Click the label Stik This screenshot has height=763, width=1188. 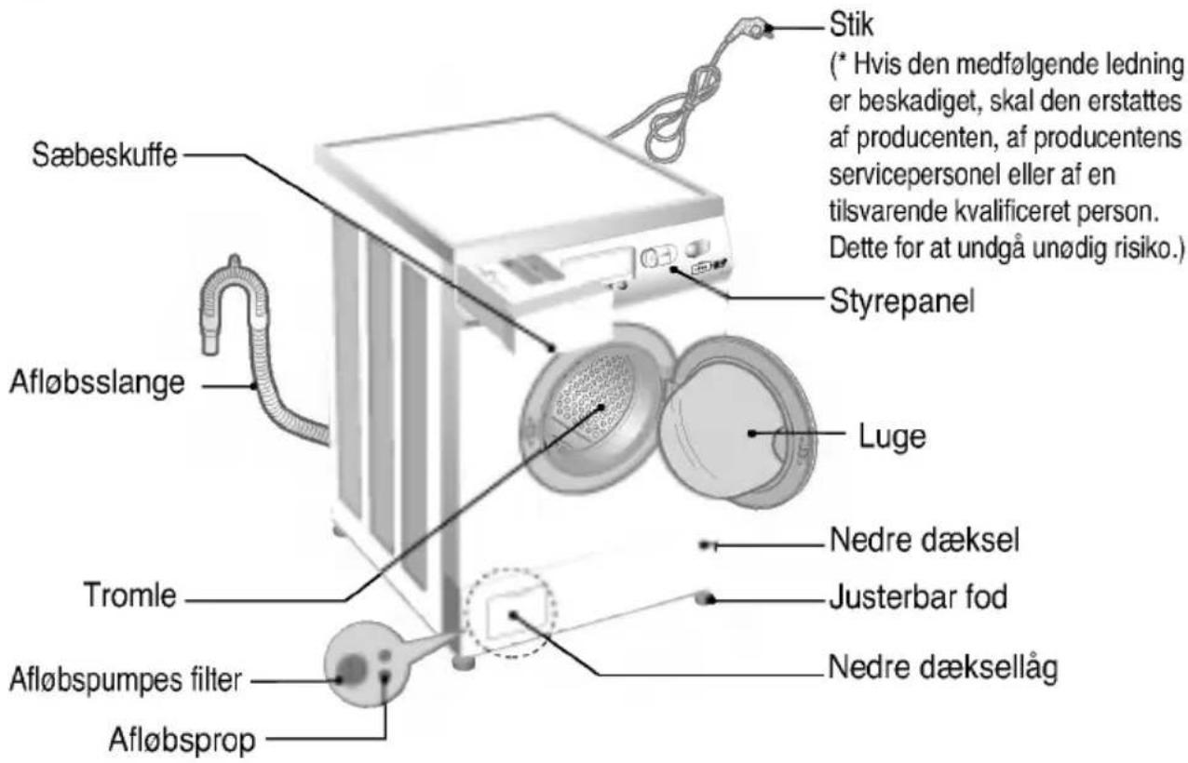pyautogui.click(x=851, y=25)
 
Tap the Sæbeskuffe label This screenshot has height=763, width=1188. pyautogui.click(x=104, y=155)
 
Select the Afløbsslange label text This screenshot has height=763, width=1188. pyautogui.click(x=97, y=382)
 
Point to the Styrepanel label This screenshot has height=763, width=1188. pyautogui.click(x=902, y=302)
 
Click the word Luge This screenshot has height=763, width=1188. pyautogui.click(x=892, y=437)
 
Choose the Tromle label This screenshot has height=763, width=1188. pyautogui.click(x=130, y=595)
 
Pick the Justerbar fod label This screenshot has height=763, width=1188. pyautogui.click(x=918, y=597)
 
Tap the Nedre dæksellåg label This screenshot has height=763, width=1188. pyautogui.click(x=943, y=668)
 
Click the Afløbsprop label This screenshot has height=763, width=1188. pyautogui.click(x=182, y=740)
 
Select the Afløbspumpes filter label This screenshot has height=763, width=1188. pyautogui.click(x=126, y=680)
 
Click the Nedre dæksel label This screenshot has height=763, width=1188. pyautogui.click(x=924, y=541)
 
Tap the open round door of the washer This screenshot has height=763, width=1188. pyautogui.click(x=737, y=422)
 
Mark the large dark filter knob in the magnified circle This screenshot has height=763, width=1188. pyautogui.click(x=352, y=669)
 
